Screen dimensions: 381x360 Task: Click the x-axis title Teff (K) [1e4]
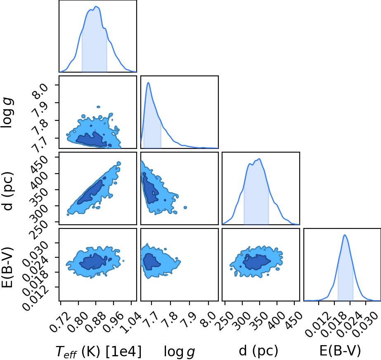point(98,351)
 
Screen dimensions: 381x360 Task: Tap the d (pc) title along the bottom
point(258,351)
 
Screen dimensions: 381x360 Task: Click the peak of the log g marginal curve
point(148,83)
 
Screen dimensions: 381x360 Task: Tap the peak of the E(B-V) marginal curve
point(345,235)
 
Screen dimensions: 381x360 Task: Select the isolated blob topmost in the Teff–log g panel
point(98,107)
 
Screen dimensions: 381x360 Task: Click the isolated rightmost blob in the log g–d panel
point(185,207)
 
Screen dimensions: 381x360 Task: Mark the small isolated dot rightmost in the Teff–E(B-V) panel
point(123,261)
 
